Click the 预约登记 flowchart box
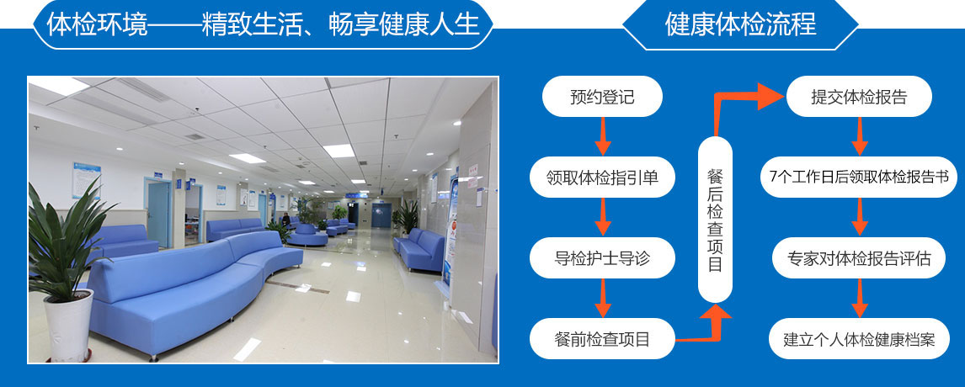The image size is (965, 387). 602,97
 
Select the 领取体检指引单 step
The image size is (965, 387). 602,178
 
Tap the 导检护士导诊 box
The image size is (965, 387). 602,257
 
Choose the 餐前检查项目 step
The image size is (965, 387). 602,338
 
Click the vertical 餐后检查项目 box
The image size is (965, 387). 715,219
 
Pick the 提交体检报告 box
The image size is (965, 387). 859,97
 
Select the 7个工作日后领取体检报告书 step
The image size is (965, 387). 859,178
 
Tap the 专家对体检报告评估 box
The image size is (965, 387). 859,257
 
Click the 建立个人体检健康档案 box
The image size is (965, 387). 859,338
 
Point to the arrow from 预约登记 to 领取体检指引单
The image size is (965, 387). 603,136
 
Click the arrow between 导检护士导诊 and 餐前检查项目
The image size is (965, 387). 603,297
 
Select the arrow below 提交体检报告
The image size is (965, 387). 860,136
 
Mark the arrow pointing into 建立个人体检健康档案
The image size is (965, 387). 860,297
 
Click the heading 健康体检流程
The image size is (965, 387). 740,24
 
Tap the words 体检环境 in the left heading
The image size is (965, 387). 97,24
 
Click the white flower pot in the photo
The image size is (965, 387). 68,325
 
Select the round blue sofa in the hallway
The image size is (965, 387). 307,236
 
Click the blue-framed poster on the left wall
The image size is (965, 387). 86,180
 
